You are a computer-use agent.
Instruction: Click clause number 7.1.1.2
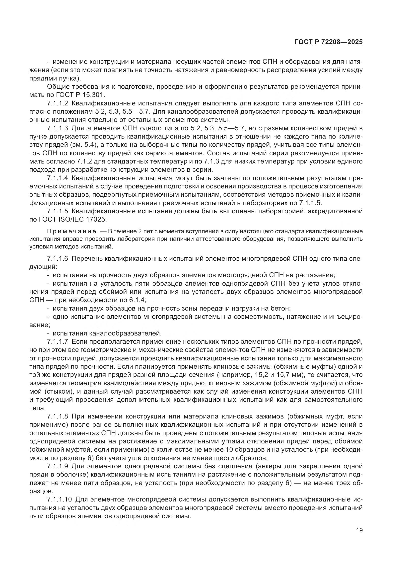point(58,104)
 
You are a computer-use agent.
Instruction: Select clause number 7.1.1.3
point(58,128)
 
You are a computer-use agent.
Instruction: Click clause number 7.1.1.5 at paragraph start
point(58,211)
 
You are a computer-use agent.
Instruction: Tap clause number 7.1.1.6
point(58,259)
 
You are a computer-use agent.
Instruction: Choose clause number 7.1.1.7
point(58,341)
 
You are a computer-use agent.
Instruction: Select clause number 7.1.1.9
point(58,466)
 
